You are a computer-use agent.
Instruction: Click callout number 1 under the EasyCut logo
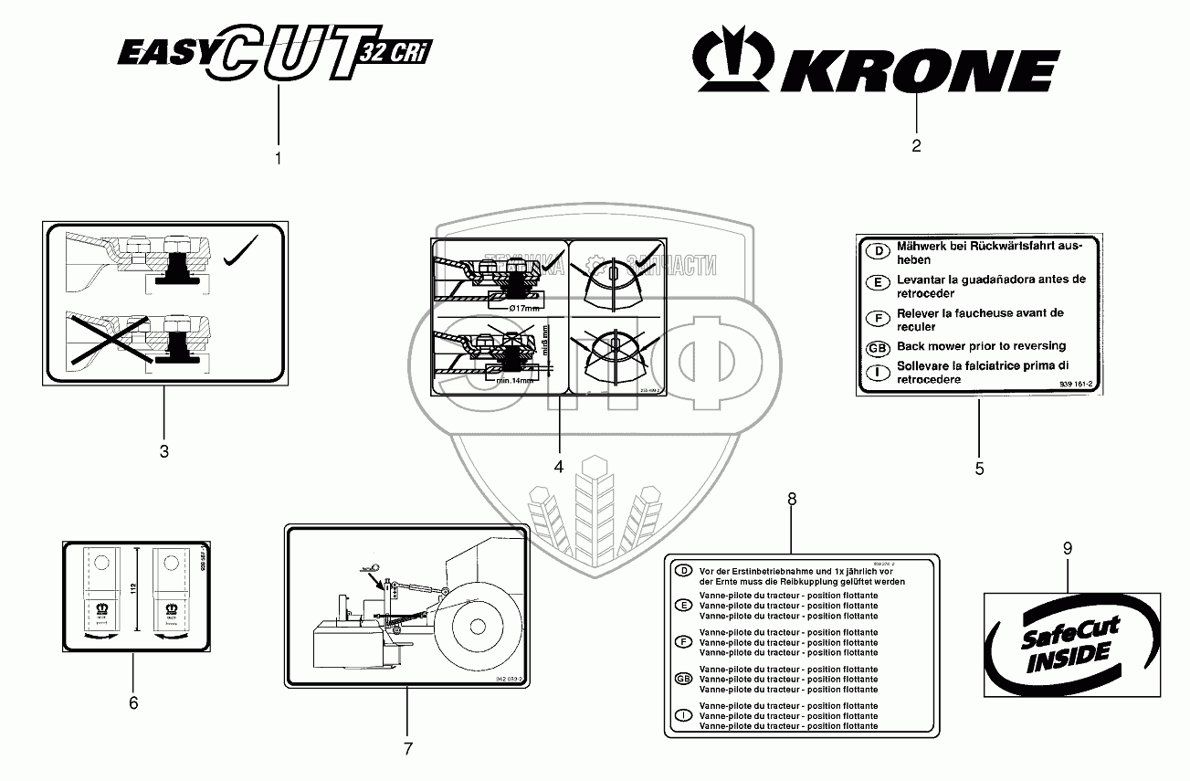[x=279, y=158]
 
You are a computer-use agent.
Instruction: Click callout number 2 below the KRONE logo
[x=916, y=144]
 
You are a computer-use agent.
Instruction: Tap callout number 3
[x=164, y=450]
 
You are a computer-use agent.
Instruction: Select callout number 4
[x=559, y=466]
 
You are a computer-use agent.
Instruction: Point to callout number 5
[x=979, y=469]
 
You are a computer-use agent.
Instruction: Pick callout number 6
[x=133, y=702]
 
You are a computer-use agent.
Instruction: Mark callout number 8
[x=792, y=499]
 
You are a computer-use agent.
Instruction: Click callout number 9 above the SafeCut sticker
[x=1067, y=548]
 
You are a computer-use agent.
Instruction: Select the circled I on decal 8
[x=681, y=714]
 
